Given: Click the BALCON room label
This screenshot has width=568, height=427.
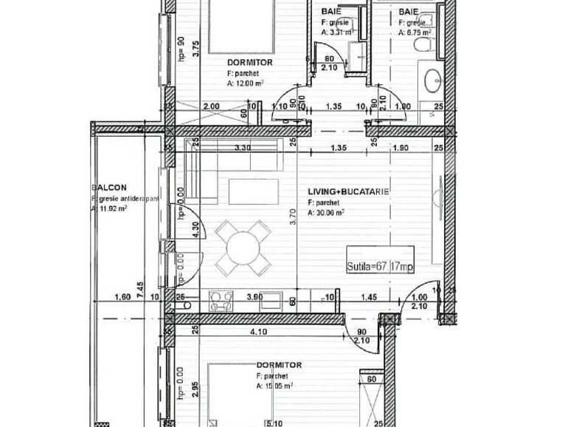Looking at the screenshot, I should coord(109,188).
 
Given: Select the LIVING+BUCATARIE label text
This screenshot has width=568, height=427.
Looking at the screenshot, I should coord(348,192).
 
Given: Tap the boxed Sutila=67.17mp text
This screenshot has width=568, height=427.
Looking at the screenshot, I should coord(381,266).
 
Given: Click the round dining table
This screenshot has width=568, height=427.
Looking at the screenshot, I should coord(243,247).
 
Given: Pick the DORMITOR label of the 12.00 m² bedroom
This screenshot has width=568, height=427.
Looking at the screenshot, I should coord(249,63).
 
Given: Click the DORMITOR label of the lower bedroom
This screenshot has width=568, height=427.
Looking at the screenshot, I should coord(279,365).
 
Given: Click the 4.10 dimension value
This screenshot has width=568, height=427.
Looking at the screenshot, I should coord(258,332).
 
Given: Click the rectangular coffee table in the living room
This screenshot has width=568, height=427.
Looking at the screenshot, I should coord(253,191).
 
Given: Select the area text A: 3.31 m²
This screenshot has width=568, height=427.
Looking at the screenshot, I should coord(338,32).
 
